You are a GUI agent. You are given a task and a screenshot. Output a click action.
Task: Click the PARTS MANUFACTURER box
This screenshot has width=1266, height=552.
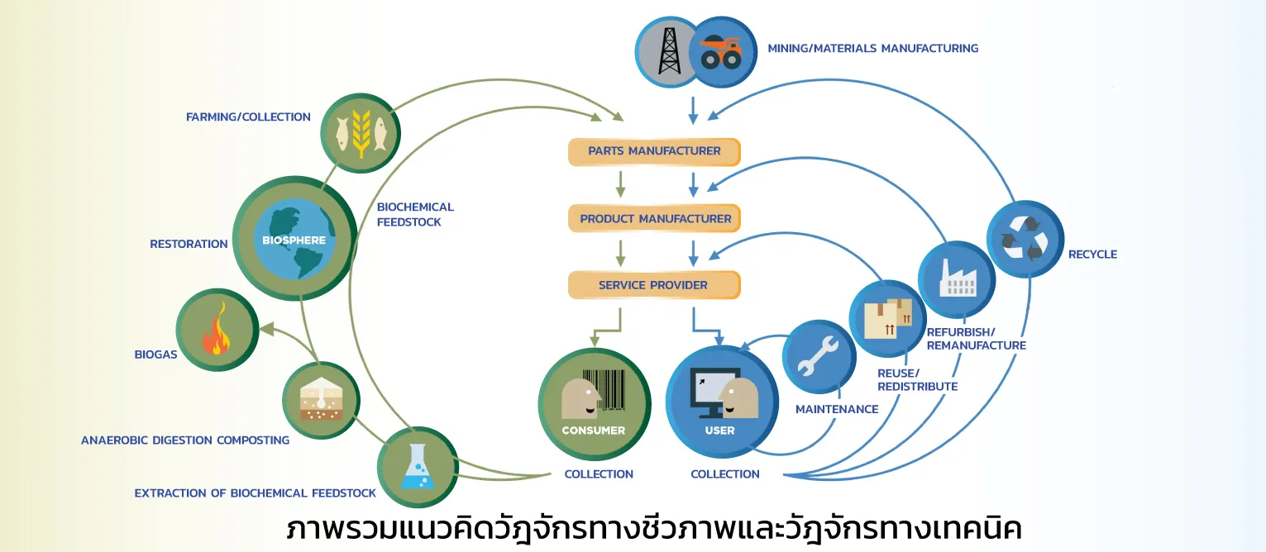654,151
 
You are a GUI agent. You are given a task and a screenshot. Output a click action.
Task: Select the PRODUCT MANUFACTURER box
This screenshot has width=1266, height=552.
654,219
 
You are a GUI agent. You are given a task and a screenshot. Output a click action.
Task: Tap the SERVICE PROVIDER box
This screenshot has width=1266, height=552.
654,285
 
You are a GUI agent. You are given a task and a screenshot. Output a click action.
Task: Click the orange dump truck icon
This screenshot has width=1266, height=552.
720,53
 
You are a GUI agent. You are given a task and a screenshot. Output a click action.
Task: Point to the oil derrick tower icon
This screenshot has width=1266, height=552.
669,51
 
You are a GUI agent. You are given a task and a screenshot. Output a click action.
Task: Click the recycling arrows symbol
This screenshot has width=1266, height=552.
1025,239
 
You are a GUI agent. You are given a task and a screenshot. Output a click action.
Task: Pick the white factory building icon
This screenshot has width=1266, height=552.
957,278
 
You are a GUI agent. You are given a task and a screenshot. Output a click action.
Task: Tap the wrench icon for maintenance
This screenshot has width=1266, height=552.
818,356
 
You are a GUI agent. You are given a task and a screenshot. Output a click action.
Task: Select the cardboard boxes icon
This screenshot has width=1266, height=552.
888,318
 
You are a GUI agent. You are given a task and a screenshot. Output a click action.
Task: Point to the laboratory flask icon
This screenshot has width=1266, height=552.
418,467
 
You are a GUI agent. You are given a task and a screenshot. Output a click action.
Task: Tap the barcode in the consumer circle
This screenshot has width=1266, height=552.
604,390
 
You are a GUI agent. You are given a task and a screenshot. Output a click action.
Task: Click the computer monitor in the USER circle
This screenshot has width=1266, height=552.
714,391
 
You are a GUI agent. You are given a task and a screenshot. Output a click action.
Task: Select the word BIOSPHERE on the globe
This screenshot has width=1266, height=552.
294,240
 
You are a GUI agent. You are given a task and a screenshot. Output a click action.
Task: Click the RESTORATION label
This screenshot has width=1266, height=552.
189,244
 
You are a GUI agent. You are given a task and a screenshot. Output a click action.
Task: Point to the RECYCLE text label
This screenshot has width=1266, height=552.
1092,255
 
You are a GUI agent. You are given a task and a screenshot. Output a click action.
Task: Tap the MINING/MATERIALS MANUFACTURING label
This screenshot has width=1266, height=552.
872,49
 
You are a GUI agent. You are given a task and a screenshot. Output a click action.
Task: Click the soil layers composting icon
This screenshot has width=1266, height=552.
321,399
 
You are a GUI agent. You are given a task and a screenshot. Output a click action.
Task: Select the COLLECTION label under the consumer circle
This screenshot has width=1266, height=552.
599,474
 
